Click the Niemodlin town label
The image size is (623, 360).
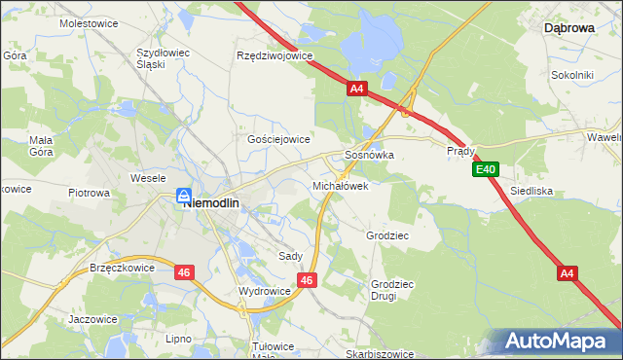[x=217, y=203]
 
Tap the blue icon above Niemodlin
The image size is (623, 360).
[x=183, y=197]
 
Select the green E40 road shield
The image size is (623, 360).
[x=488, y=170]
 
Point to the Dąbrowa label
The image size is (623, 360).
[x=568, y=28]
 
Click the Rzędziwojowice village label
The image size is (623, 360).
[x=275, y=55]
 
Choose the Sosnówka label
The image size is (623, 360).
[x=369, y=155]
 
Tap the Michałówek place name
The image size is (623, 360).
[x=340, y=185]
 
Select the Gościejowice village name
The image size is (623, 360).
[x=278, y=139]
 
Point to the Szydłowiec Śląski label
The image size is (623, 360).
[x=165, y=57]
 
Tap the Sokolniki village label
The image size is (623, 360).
[x=572, y=74]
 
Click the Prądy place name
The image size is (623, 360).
[x=460, y=151]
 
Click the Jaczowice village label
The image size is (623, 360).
[x=92, y=318]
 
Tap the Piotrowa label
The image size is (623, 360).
[x=89, y=193]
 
